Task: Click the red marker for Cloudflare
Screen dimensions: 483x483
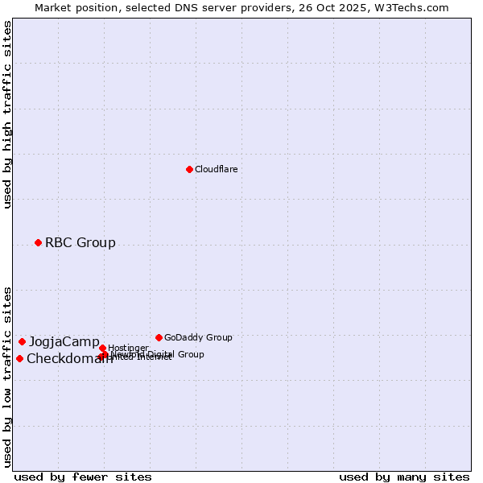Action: point(189,169)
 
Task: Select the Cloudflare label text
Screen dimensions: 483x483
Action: point(216,169)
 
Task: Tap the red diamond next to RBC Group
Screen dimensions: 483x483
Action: point(38,242)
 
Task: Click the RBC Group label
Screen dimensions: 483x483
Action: point(80,242)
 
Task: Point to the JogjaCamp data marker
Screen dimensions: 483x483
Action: point(22,341)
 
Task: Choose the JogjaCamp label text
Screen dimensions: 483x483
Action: point(64,341)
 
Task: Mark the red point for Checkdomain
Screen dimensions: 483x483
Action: point(19,358)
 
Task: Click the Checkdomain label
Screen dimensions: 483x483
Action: point(69,359)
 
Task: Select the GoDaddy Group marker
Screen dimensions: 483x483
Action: point(159,337)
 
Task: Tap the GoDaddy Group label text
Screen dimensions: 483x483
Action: point(198,337)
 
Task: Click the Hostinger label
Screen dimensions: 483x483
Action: point(129,348)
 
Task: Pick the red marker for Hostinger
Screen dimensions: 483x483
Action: point(102,348)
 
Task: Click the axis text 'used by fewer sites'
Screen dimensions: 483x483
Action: point(83,477)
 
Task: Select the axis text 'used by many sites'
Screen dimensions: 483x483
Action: point(404,477)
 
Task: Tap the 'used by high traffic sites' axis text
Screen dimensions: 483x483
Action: point(7,114)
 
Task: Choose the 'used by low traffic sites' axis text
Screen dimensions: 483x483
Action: point(7,376)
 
